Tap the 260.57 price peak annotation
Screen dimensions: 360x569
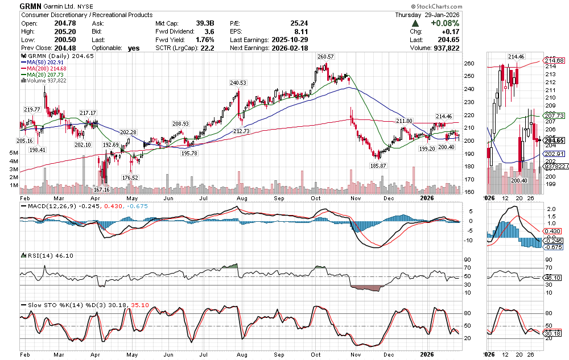click(x=325, y=57)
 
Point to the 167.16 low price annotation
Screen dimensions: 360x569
click(x=102, y=189)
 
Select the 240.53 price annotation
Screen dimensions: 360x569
click(x=238, y=82)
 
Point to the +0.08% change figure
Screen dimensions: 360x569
click(x=446, y=23)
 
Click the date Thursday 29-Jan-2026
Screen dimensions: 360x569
click(x=430, y=14)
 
